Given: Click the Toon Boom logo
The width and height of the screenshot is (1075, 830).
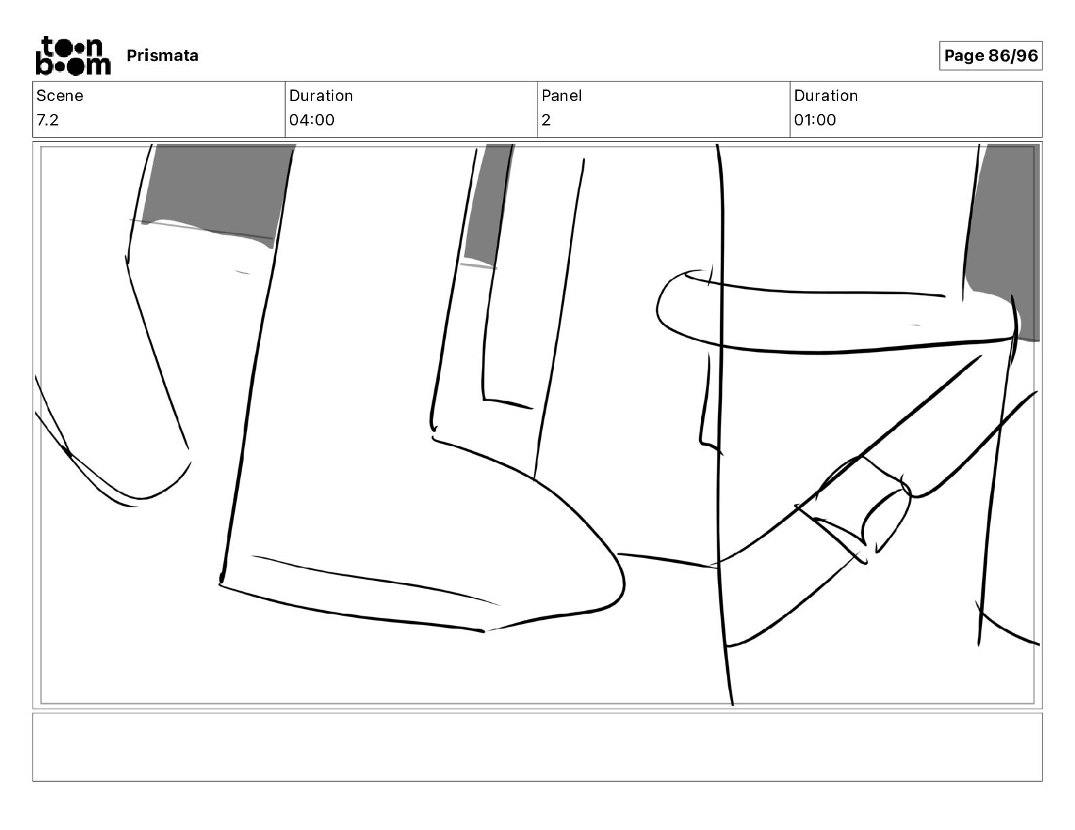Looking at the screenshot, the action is [x=73, y=56].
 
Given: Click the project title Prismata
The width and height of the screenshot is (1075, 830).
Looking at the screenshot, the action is [x=162, y=56].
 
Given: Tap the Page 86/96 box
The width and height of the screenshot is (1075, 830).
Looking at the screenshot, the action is [x=990, y=56].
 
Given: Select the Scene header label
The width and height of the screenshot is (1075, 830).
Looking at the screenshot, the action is [x=59, y=96].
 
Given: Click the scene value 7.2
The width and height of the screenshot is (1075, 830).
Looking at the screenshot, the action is [x=48, y=119].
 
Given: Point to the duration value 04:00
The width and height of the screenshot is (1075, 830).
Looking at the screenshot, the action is [x=312, y=119].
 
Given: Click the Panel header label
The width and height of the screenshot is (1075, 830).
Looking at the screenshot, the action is [x=561, y=96].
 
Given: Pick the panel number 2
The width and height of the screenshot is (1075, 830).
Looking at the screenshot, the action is [x=546, y=119].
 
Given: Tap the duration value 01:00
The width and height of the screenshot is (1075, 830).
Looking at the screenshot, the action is [x=815, y=119].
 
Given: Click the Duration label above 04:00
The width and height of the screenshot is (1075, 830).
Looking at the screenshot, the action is [x=321, y=96].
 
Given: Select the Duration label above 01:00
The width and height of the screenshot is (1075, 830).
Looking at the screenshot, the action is [x=826, y=96].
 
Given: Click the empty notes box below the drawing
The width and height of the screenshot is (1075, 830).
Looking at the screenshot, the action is [x=537, y=747].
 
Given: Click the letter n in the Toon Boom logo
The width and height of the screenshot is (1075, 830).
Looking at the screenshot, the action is [x=94, y=47].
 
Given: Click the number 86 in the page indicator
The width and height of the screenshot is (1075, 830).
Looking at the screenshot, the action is [x=999, y=56].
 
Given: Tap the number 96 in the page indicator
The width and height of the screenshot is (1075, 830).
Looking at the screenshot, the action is [x=1027, y=56].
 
